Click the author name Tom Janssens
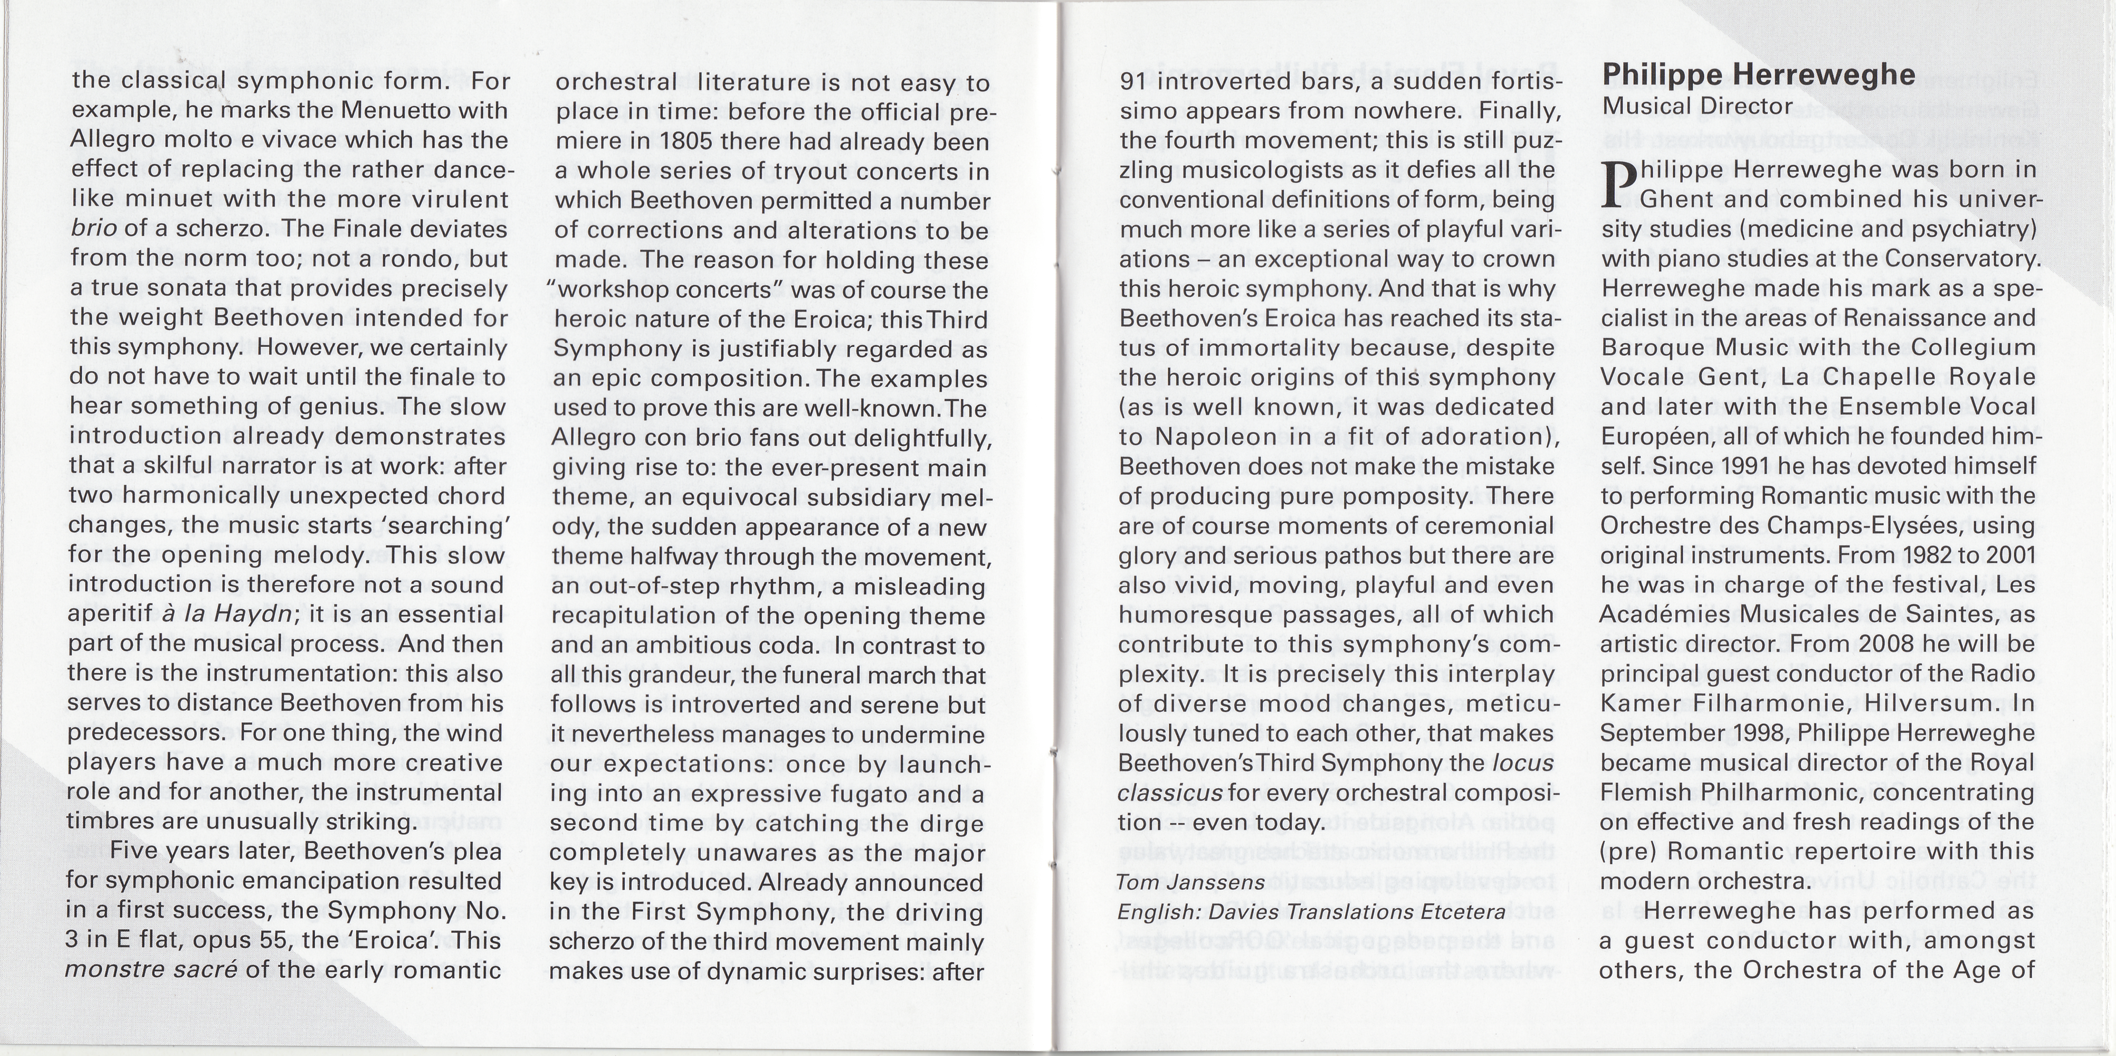point(1190,882)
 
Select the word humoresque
point(1181,614)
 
